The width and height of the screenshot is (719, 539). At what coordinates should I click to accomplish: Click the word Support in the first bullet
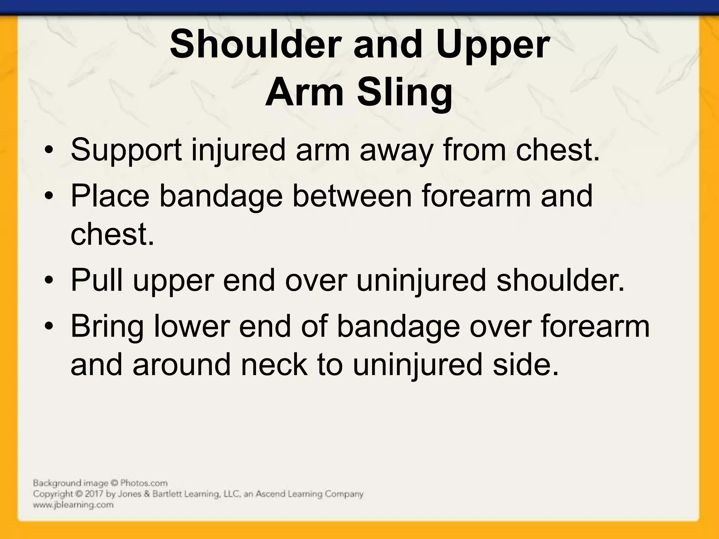coord(126,150)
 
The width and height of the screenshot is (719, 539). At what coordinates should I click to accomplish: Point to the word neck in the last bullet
coord(274,365)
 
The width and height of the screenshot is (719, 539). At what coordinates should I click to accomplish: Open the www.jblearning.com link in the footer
coord(73,505)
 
